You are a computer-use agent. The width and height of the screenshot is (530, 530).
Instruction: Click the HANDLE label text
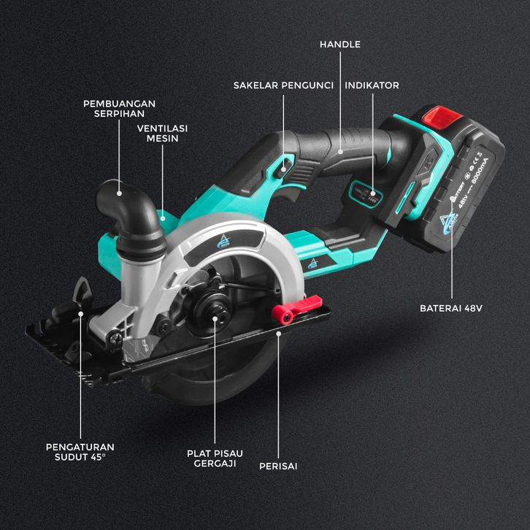[340, 45]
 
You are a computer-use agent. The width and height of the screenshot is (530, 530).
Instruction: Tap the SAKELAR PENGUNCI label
[283, 85]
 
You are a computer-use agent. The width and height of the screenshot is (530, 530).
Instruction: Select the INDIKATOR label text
[372, 85]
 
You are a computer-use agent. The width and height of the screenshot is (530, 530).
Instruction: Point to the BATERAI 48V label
[451, 308]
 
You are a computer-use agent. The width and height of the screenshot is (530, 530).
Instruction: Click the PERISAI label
[278, 465]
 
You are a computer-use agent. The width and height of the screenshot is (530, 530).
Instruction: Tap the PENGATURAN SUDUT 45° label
[80, 451]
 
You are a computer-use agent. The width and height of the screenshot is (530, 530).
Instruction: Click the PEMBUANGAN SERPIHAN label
[119, 108]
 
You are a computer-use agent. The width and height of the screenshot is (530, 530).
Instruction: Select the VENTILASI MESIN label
[163, 133]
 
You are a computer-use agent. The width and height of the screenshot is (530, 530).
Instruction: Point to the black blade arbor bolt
[215, 317]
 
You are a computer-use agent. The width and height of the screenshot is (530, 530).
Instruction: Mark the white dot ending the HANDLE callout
[339, 152]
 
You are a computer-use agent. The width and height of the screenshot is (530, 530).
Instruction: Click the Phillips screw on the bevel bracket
[118, 338]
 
